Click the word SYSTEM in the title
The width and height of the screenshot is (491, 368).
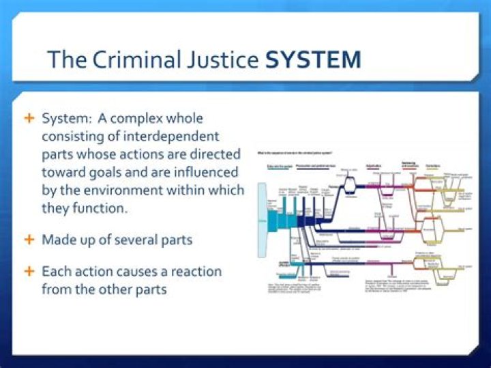(x=313, y=59)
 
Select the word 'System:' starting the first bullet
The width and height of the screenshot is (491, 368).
(x=64, y=119)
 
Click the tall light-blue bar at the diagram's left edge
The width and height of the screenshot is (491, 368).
(x=261, y=221)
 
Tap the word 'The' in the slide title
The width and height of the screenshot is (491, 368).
(x=64, y=59)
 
